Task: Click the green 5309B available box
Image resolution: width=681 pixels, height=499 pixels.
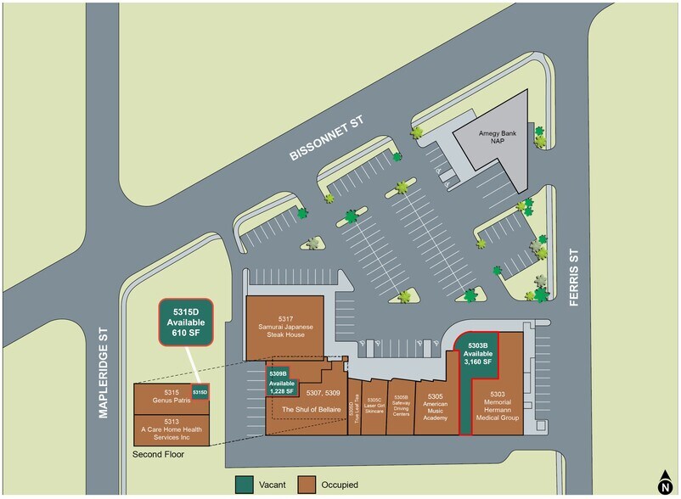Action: point(281,382)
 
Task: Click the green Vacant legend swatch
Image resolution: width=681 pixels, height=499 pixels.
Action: point(243,485)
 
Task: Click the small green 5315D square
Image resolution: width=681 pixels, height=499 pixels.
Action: point(200,392)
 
